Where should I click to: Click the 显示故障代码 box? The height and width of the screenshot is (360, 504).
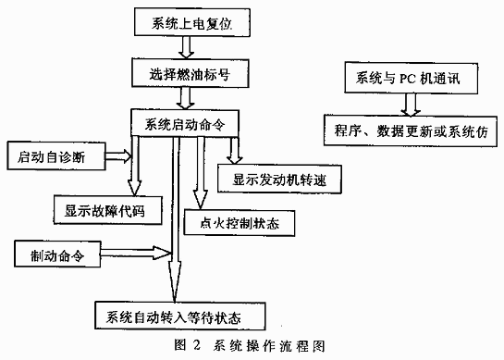(x=102, y=211)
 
